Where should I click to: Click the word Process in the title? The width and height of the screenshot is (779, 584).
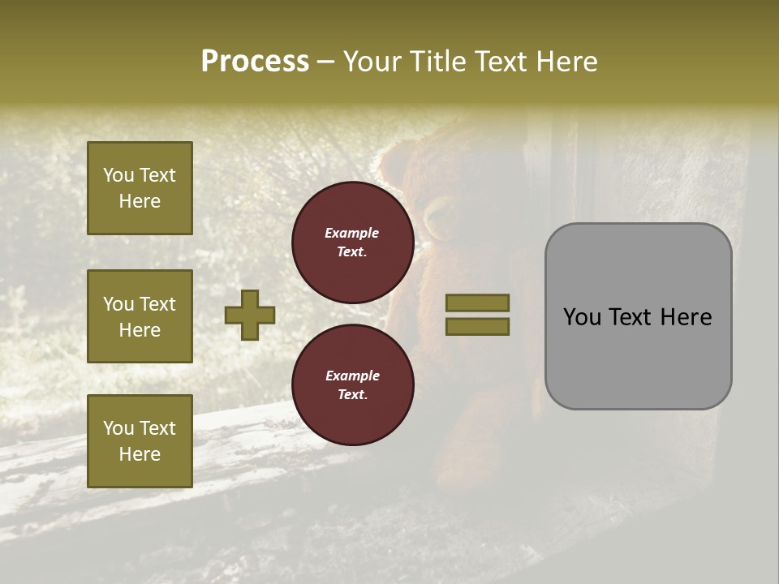pyautogui.click(x=255, y=62)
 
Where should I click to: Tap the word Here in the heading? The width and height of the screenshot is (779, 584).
pyautogui.click(x=566, y=62)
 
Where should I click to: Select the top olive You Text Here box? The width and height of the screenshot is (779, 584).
pyautogui.click(x=140, y=188)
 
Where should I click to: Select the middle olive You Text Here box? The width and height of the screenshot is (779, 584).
pyautogui.click(x=140, y=316)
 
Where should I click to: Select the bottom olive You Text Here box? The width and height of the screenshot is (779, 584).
pyautogui.click(x=140, y=441)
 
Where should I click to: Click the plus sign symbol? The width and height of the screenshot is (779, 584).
pyautogui.click(x=250, y=315)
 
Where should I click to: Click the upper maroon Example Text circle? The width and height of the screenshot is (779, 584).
pyautogui.click(x=353, y=243)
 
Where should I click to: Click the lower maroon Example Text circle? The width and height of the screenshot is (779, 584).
pyautogui.click(x=353, y=385)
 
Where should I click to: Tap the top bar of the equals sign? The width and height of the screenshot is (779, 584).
pyautogui.click(x=477, y=303)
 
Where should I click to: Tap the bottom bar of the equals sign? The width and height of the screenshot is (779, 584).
pyautogui.click(x=477, y=327)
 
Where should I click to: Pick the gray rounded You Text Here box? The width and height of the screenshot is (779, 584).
pyautogui.click(x=638, y=316)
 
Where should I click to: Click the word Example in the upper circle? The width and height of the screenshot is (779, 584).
pyautogui.click(x=352, y=233)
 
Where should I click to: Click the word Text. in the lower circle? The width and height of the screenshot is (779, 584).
pyautogui.click(x=352, y=395)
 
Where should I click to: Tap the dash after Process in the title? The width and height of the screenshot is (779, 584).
pyautogui.click(x=325, y=63)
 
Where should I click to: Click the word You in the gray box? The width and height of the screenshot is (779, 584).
pyautogui.click(x=582, y=317)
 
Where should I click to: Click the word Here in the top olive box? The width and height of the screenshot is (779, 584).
pyautogui.click(x=140, y=201)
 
